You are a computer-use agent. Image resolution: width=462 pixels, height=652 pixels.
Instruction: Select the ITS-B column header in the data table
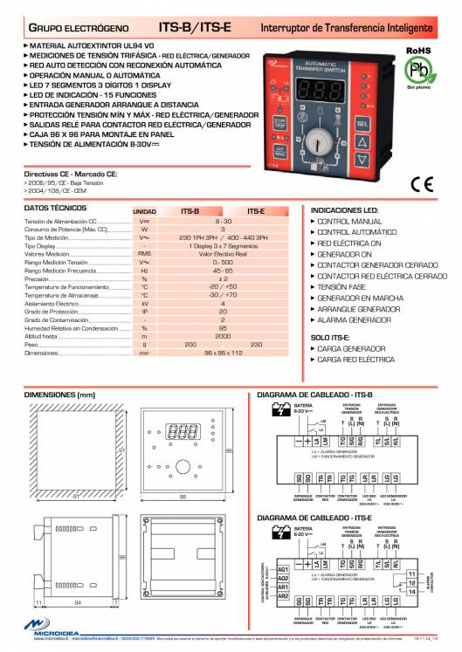point(190,211)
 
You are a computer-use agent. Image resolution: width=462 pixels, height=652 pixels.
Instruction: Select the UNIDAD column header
point(144,212)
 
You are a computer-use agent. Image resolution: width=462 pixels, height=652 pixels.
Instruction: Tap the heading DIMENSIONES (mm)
point(59,395)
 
